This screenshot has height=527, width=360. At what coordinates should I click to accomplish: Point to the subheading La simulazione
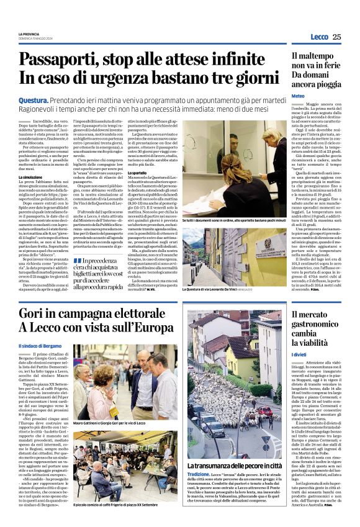(x=31, y=178)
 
